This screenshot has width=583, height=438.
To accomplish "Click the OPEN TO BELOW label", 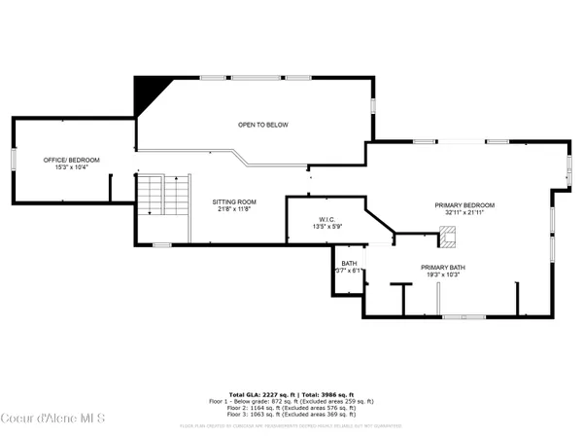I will click(263, 125).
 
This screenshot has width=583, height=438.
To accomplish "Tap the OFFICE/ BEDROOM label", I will click(71, 160).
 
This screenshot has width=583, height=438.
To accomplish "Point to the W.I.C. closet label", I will click(326, 220).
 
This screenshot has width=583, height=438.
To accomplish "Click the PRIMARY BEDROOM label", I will click(464, 205).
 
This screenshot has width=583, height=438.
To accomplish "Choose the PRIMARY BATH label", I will click(443, 268).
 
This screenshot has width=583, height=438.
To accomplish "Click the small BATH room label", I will click(349, 264).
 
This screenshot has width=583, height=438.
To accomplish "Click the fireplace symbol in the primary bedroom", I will click(447, 235).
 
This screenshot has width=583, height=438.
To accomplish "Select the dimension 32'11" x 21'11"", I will click(464, 213).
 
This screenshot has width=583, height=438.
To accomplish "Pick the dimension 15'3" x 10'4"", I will click(71, 167).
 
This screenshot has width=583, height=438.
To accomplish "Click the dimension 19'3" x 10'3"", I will click(443, 275).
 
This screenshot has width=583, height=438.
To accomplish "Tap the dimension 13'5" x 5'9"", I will click(326, 227).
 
